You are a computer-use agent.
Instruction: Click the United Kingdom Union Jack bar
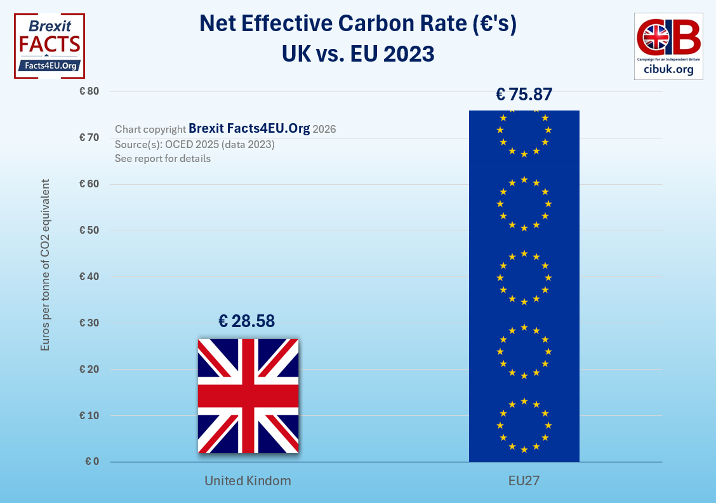pyautogui.click(x=248, y=396)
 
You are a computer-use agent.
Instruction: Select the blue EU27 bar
pyautogui.click(x=524, y=286)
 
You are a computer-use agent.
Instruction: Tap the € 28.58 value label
pyautogui.click(x=246, y=321)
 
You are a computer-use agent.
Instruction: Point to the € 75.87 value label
pyautogui.click(x=524, y=95)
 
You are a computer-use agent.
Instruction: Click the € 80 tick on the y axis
pyautogui.click(x=89, y=91)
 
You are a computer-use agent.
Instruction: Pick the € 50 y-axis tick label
pyautogui.click(x=89, y=230)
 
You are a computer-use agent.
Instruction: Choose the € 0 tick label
pyautogui.click(x=92, y=462)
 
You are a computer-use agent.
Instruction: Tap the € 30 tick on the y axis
pyautogui.click(x=89, y=323)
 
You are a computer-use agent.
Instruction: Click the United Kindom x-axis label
pyautogui.click(x=248, y=481)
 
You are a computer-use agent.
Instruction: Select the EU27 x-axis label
pyautogui.click(x=524, y=481)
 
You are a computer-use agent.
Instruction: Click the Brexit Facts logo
pyautogui.click(x=50, y=45)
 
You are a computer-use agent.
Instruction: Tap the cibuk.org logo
pyautogui.click(x=669, y=46)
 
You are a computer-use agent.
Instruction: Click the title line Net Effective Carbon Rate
pyautogui.click(x=359, y=24)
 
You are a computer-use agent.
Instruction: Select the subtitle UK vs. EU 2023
pyautogui.click(x=359, y=54)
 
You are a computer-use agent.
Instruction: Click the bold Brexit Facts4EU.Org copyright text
pyautogui.click(x=249, y=128)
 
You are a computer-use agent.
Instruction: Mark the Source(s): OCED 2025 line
pyautogui.click(x=194, y=144)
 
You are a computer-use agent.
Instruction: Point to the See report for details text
pyautogui.click(x=162, y=158)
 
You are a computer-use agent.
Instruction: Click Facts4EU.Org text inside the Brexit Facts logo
pyautogui.click(x=50, y=65)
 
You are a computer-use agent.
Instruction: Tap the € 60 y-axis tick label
pyautogui.click(x=89, y=184)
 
